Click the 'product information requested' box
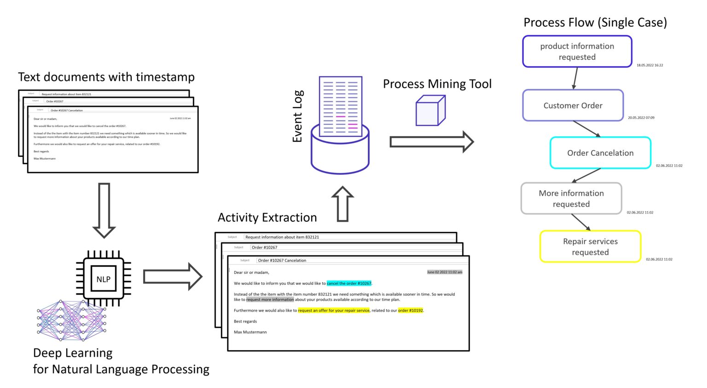point(577,52)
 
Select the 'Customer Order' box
point(573,105)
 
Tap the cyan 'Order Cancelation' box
point(600,153)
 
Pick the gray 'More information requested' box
point(571,198)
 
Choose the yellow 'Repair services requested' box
point(590,247)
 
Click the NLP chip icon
point(104,279)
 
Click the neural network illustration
point(71,320)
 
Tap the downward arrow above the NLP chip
point(104,210)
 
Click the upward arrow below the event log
point(342,204)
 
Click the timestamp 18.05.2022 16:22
point(649,65)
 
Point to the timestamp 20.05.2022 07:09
point(641,118)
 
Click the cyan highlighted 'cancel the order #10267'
point(349,284)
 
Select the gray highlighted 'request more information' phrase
point(270,300)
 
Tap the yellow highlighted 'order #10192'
point(411,311)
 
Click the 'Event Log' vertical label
point(297,116)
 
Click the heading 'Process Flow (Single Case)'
point(595,23)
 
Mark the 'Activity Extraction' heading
point(267,217)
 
